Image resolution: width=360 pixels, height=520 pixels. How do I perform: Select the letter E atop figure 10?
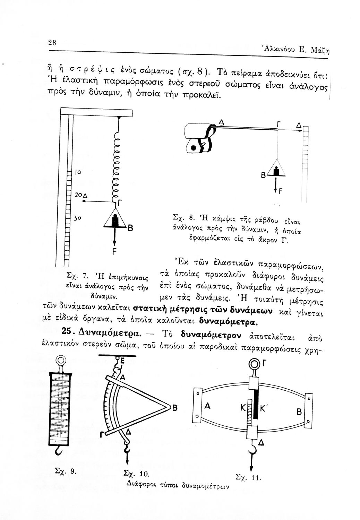[x=122, y=361]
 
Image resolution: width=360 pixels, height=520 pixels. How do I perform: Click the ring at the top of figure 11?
[x=255, y=364]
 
